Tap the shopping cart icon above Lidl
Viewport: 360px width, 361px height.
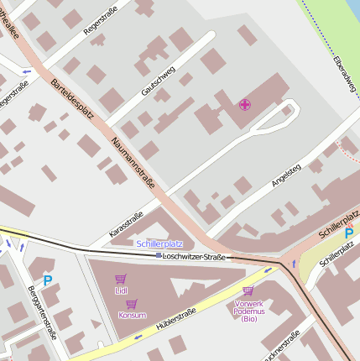[x=121, y=279]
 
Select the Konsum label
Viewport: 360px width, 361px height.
[x=132, y=316]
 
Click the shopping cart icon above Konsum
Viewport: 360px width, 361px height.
[x=131, y=304]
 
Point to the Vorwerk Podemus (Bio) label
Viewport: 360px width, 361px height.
[x=249, y=311]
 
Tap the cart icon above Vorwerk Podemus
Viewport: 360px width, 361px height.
[x=248, y=290]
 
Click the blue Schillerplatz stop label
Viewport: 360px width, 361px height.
[x=159, y=243]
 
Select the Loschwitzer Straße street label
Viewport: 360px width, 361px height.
[x=195, y=256]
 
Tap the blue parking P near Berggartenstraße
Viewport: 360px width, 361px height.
[x=47, y=280]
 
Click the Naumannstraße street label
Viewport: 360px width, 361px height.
[x=133, y=164]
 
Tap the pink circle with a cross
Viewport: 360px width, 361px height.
[x=245, y=105]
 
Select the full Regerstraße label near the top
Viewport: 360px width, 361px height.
[x=102, y=20]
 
